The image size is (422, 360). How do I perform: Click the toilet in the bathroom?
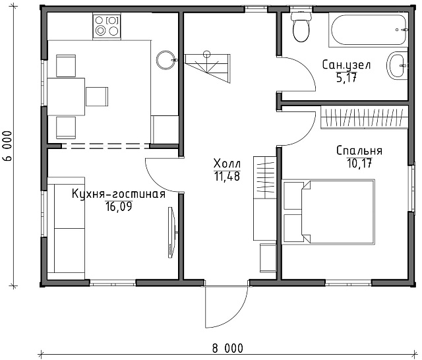tap(301, 27)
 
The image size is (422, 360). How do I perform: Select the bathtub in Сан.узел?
tap(368, 30)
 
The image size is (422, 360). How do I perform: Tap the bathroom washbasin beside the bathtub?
tap(397, 65)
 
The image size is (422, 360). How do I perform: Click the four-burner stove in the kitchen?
tap(107, 26)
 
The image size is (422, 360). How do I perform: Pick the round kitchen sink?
tap(166, 60)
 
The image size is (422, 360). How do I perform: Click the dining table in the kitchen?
tap(66, 97)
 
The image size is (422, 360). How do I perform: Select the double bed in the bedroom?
tap(328, 212)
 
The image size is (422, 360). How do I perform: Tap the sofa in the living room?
tap(66, 228)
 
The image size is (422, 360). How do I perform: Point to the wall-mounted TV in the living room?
tap(171, 232)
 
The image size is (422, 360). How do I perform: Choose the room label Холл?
tap(227, 164)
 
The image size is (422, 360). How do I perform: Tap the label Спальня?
tap(359, 150)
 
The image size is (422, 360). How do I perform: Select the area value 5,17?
tap(346, 78)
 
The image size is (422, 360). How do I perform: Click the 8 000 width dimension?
tap(227, 348)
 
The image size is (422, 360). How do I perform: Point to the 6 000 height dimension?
tap(7, 146)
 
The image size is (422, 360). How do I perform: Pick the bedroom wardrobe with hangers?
tap(365, 117)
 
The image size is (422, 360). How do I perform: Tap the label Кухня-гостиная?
tap(119, 194)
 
